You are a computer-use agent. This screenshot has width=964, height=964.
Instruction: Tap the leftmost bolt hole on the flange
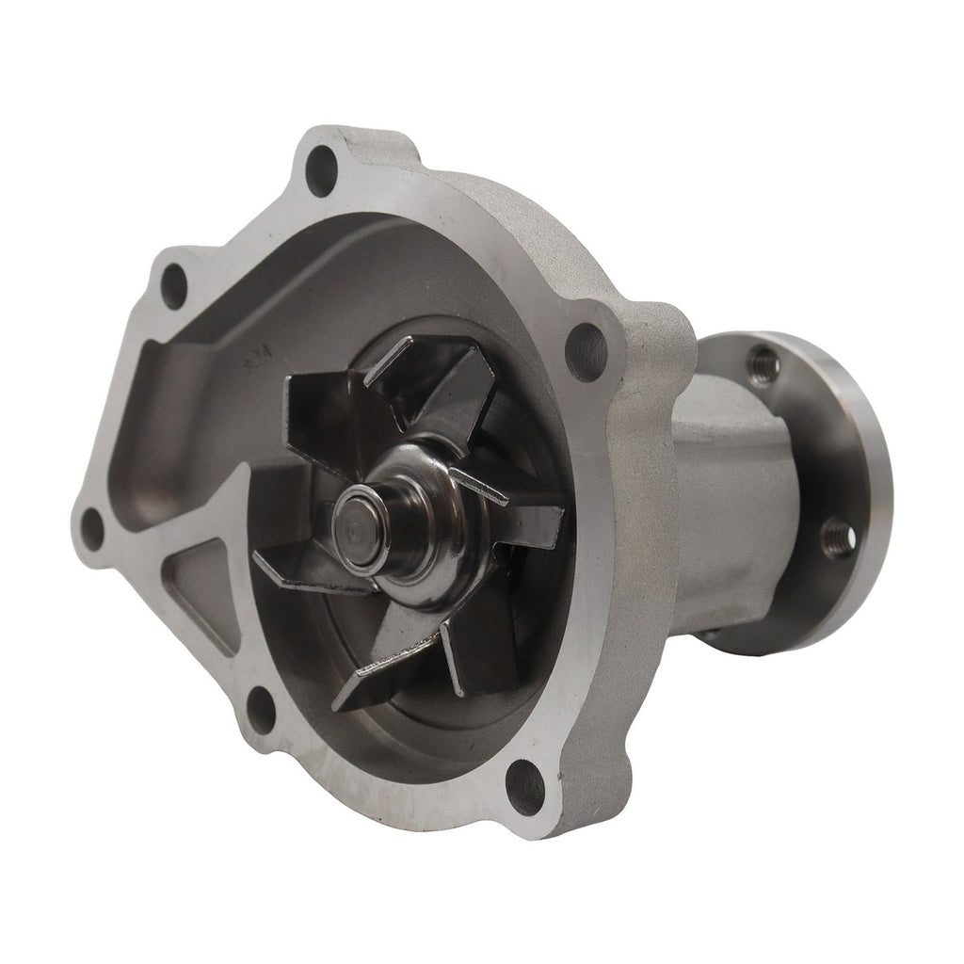pyautogui.click(x=91, y=526)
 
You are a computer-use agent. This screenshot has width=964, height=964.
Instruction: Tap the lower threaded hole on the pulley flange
pyautogui.click(x=836, y=537)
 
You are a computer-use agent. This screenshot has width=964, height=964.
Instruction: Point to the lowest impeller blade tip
pyautogui.click(x=353, y=697)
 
